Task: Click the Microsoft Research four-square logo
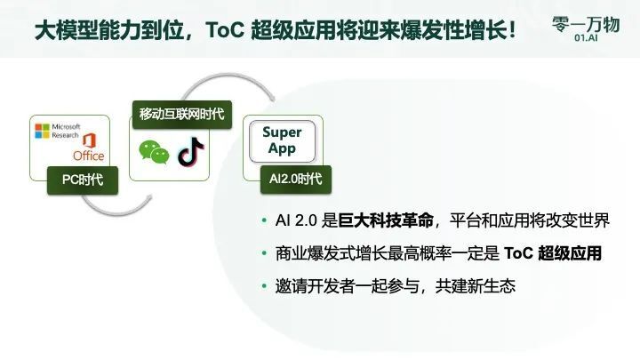pos(42,132)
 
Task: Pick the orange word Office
pos(89,156)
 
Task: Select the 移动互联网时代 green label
pos(180,114)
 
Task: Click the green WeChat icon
pos(154,152)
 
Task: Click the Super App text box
pos(282,140)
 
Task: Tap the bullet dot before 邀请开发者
pos(263,286)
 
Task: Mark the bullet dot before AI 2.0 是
pos(263,220)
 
